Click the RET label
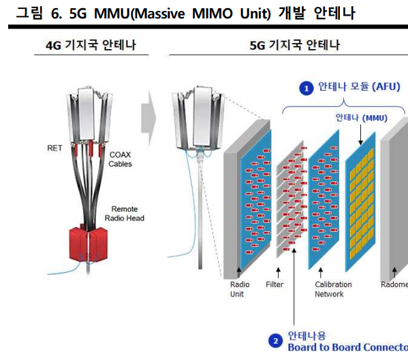tap(54, 147)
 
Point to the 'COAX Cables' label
tap(120, 160)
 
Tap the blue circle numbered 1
tap(307, 87)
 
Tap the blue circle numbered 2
tap(275, 340)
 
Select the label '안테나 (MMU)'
tap(360, 117)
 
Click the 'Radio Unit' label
tap(240, 289)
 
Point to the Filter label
tap(274, 284)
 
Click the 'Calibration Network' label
tap(333, 289)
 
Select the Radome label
tap(394, 284)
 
